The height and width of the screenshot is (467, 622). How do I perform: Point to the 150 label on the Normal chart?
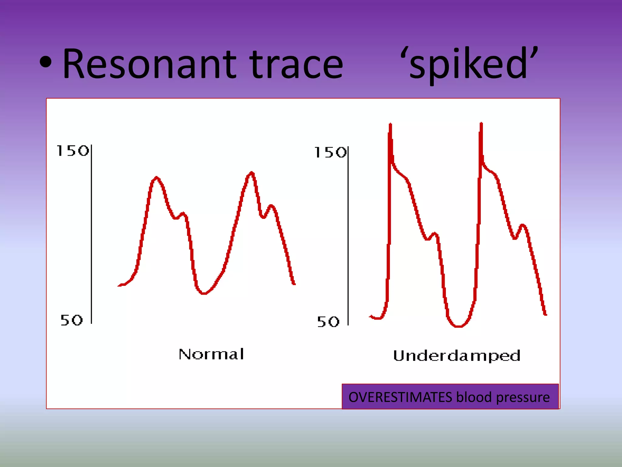[x=73, y=151]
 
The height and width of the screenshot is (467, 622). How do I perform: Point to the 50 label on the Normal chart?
[x=72, y=320]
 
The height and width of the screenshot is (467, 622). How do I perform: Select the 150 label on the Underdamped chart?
[x=330, y=152]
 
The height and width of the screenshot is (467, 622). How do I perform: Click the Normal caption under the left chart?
[x=211, y=354]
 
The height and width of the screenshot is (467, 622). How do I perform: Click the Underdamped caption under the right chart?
[x=457, y=356]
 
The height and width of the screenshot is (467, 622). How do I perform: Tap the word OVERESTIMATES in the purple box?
[x=400, y=397]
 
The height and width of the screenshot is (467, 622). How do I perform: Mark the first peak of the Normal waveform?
[x=156, y=178]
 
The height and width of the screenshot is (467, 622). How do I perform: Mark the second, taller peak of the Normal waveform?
[x=252, y=173]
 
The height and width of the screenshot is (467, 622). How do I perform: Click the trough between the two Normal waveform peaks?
[x=204, y=293]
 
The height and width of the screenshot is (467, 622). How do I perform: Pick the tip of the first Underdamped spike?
[x=390, y=124]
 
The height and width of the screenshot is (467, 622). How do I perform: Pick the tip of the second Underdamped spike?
[x=481, y=123]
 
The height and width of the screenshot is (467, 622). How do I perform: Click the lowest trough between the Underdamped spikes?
[x=459, y=326]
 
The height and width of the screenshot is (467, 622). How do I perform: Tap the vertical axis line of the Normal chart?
[x=91, y=234]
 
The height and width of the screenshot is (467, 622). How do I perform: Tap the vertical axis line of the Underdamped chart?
[x=348, y=236]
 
